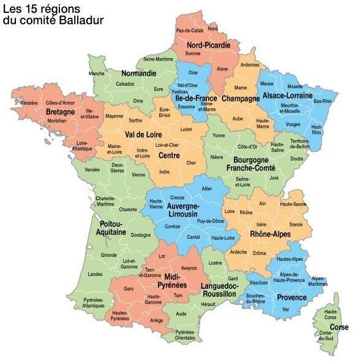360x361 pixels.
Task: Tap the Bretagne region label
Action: [60, 113]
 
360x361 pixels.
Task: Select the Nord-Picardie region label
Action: [209, 45]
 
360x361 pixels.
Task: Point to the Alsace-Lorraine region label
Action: [287, 96]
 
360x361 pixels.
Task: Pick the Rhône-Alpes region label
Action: [269, 234]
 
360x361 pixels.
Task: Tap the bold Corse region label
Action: [339, 327]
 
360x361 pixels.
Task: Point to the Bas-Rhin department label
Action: [322, 101]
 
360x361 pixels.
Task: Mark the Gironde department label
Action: [108, 255]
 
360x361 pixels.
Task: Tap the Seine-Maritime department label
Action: [158, 59]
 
